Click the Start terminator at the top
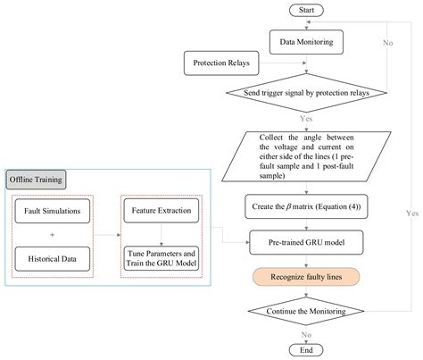(x=306, y=12)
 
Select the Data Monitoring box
(x=306, y=40)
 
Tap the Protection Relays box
(x=220, y=63)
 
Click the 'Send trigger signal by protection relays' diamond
(x=306, y=93)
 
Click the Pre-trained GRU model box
(x=306, y=241)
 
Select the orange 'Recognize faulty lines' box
(x=306, y=275)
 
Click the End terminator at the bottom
(x=306, y=349)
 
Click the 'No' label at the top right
(x=386, y=41)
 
